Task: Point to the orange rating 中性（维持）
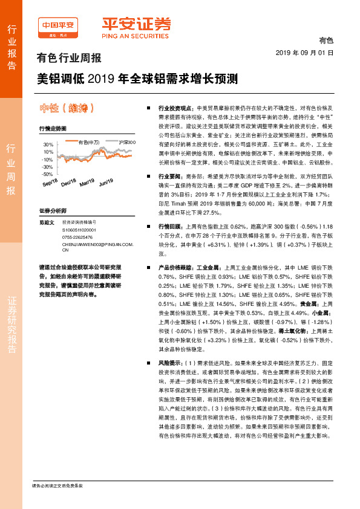click(x=67, y=109)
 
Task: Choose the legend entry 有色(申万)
click(x=89, y=142)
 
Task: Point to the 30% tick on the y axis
click(x=48, y=145)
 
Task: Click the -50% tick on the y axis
click(x=48, y=174)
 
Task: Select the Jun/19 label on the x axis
click(x=106, y=182)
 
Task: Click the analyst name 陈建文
click(x=46, y=223)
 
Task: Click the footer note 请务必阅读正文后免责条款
click(x=57, y=485)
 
